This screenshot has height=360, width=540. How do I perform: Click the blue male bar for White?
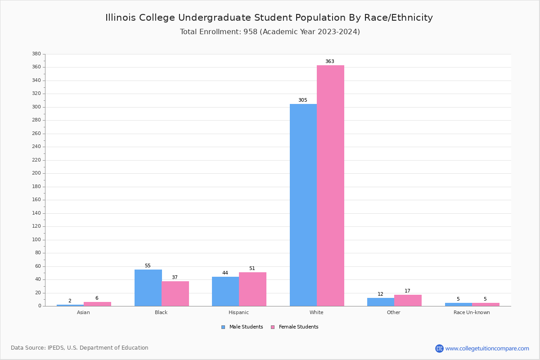[x=303, y=205]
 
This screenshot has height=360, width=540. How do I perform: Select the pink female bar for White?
[x=330, y=185]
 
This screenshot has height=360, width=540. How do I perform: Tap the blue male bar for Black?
[x=148, y=288]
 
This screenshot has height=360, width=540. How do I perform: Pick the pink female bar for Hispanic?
[x=252, y=289]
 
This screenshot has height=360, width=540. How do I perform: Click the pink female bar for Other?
[x=408, y=300]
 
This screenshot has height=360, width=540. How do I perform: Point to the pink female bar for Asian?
[x=97, y=304]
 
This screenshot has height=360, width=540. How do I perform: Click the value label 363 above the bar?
[x=330, y=62]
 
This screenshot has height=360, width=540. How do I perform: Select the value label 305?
[x=303, y=100]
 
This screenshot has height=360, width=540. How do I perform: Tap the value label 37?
[x=175, y=278]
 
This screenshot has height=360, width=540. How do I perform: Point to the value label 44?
[x=225, y=273]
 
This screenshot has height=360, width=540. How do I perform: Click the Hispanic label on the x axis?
[x=238, y=312]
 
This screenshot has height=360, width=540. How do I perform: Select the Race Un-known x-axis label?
[x=472, y=312]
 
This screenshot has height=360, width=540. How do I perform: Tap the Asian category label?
[x=83, y=312]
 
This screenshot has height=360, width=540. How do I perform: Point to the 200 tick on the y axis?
[x=36, y=173]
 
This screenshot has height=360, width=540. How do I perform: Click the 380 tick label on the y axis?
[x=36, y=54]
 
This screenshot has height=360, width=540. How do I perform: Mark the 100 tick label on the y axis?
[x=36, y=240]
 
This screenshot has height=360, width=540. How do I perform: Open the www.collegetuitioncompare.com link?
[x=487, y=348]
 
